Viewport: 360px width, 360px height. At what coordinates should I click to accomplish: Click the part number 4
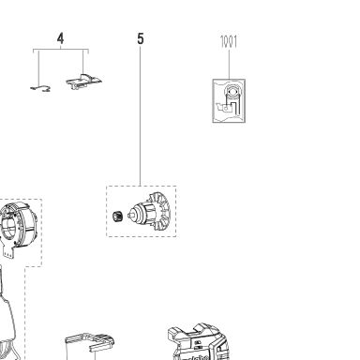pos(60,38)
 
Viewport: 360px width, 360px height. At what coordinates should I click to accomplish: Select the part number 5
pos(141,38)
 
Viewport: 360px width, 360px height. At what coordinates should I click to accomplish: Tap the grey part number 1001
pos(229,41)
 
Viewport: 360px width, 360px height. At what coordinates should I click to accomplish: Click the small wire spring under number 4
pos(40,89)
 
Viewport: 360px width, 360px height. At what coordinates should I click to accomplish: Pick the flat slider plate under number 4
pos(83,82)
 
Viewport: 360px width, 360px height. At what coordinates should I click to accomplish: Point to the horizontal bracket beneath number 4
pos(61,50)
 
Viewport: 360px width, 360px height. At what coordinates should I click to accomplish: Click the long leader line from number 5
pos(140,115)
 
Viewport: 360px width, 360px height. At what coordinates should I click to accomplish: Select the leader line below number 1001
pos(229,64)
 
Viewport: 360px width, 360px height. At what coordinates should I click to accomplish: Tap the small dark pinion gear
pos(117,217)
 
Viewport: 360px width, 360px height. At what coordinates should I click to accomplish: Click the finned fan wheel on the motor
pos(159,209)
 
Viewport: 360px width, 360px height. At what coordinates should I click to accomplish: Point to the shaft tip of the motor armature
pos(129,216)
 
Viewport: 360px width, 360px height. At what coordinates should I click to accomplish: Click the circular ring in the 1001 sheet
pos(232,92)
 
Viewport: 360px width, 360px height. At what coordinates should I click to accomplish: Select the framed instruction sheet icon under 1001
pos(229,100)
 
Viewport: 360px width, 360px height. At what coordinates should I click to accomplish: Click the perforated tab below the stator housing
pos(8,251)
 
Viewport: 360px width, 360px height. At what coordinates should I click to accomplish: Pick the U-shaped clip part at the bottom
pos(90,345)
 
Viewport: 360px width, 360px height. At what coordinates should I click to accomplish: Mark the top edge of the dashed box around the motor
pos(142,186)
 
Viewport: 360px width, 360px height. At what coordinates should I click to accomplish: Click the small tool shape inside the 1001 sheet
pos(225,108)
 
